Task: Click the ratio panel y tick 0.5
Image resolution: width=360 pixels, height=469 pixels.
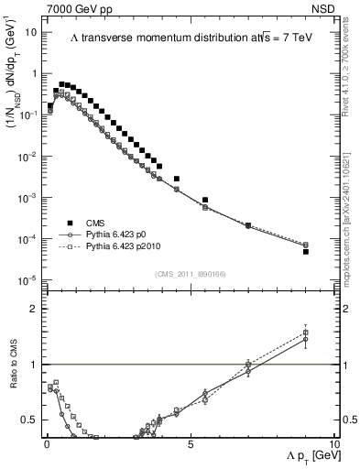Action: tap(31, 420)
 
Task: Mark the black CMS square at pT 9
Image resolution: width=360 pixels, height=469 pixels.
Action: tap(306, 251)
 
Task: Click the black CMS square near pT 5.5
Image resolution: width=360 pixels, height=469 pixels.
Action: tap(205, 200)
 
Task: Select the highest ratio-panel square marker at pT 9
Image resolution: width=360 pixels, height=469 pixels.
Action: tap(306, 333)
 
